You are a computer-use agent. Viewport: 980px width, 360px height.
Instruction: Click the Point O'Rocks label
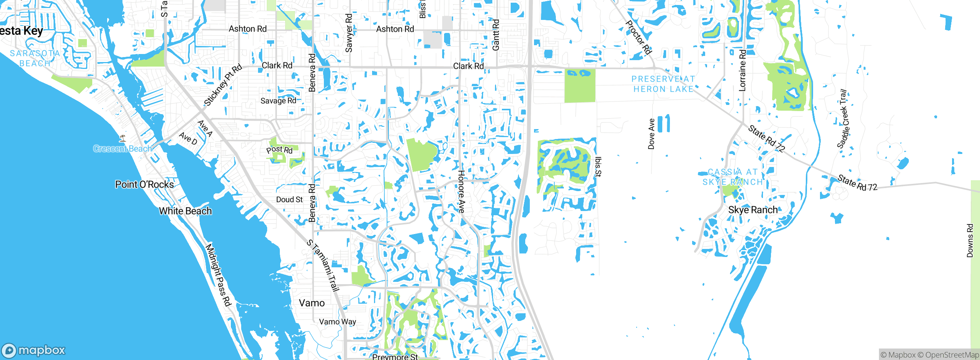(144, 185)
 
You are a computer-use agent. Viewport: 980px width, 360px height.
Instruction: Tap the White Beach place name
(185, 211)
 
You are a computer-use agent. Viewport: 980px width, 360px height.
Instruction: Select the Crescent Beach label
(122, 149)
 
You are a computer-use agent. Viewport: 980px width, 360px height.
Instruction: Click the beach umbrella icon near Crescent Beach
(122, 138)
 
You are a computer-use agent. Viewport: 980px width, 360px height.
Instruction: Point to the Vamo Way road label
(337, 322)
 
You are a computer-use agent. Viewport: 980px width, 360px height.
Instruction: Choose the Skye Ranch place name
(753, 210)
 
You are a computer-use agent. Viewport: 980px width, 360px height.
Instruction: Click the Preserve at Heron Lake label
(663, 84)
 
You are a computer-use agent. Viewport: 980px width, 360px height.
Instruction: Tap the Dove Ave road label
(651, 134)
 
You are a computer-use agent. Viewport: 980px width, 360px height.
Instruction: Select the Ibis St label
(598, 167)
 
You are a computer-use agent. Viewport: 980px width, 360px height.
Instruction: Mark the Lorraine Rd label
(742, 70)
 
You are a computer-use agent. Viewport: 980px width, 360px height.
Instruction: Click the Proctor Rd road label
(638, 37)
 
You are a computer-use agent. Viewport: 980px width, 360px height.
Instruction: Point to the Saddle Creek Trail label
(843, 119)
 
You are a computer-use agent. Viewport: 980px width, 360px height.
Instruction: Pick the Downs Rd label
(970, 241)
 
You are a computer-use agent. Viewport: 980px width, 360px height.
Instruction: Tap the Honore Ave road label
(461, 191)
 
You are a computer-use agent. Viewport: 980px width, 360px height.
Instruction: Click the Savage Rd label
(278, 101)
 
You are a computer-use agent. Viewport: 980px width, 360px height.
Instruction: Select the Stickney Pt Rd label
(223, 85)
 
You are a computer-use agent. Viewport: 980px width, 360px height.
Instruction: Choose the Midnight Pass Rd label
(219, 275)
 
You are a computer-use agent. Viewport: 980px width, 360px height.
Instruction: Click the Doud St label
(289, 200)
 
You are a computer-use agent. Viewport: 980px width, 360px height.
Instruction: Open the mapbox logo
(34, 350)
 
